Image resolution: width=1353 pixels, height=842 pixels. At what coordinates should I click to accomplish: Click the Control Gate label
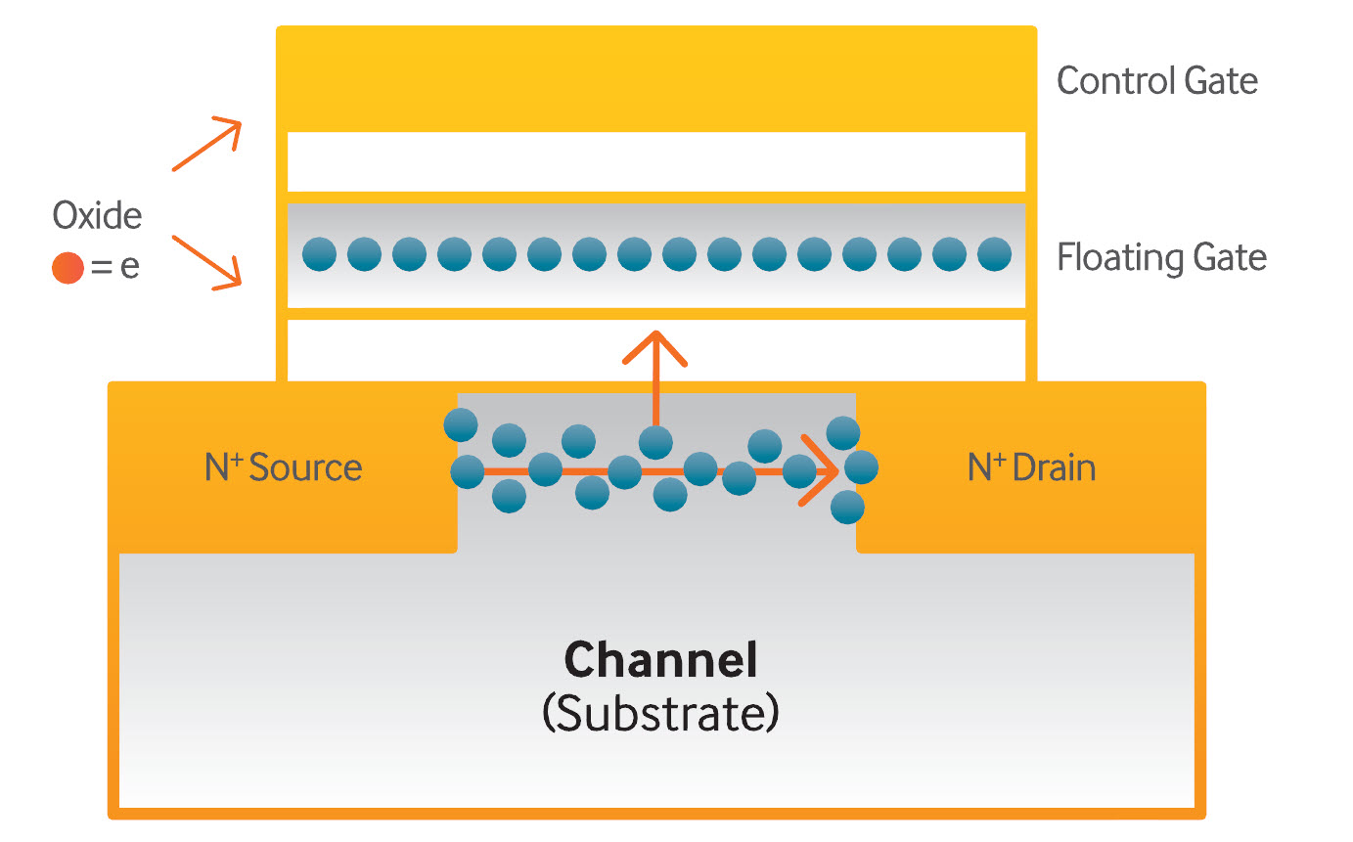1156,81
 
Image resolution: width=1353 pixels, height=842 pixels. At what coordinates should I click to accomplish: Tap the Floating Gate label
1161,258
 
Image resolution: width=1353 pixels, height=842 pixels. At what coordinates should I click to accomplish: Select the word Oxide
97,215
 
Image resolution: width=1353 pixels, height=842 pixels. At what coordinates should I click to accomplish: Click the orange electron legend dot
68,267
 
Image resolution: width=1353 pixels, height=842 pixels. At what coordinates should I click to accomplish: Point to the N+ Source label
284,467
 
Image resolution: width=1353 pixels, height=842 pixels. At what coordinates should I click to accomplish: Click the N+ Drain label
1032,467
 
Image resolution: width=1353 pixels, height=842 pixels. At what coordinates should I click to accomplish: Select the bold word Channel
660,660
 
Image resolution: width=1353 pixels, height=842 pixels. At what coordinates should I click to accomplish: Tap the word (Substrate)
660,714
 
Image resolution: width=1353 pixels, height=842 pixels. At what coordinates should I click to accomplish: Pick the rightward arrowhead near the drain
820,470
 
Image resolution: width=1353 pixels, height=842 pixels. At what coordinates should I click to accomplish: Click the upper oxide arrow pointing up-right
206,144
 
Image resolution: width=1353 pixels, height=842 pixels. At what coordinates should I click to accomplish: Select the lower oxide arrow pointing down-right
206,262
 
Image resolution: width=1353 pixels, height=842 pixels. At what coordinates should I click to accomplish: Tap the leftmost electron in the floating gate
319,254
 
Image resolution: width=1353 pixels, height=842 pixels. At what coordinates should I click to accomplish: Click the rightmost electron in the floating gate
994,254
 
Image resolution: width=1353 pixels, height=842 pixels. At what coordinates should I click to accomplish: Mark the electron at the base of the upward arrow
655,442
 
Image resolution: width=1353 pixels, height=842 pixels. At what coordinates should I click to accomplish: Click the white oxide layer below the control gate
656,161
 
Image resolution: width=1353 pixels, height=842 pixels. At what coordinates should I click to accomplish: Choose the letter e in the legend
129,267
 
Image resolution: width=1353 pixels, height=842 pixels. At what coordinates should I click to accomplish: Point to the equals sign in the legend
101,267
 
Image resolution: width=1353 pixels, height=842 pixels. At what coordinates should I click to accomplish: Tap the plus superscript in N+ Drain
1000,460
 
